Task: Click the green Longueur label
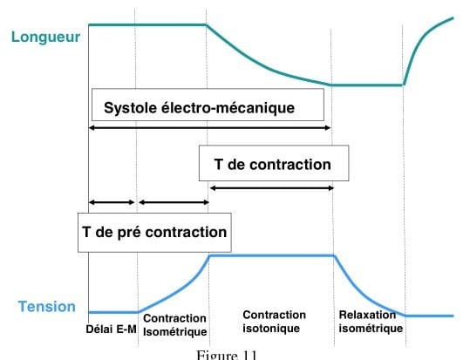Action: tap(45, 37)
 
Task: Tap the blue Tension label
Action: tap(47, 307)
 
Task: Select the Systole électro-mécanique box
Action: tap(208, 105)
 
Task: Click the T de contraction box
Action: tap(274, 163)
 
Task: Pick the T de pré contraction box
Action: tap(154, 233)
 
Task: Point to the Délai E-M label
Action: tap(112, 329)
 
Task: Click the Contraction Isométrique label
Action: tap(175, 325)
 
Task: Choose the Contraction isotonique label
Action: tap(275, 322)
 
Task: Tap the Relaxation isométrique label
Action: tap(371, 322)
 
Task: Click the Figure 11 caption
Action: tap(227, 355)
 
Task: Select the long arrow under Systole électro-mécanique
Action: tap(210, 128)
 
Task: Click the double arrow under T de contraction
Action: tap(272, 188)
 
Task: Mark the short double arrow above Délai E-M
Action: tap(112, 202)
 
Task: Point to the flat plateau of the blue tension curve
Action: tap(272, 255)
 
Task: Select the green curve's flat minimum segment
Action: tap(367, 85)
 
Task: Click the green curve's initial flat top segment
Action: tap(147, 24)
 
